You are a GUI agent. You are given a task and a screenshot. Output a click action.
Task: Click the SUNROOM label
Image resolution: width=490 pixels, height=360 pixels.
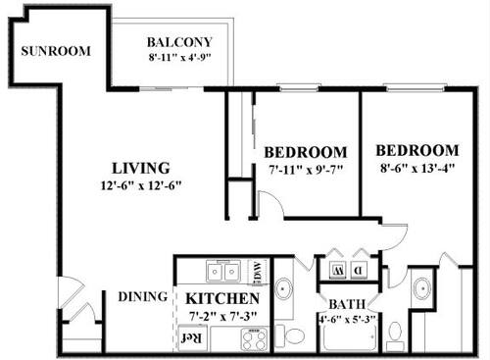tap(56, 51)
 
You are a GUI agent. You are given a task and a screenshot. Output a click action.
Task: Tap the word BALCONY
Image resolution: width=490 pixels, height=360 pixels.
tap(179, 42)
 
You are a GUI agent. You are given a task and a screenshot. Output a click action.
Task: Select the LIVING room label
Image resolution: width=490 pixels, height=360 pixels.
tap(141, 168)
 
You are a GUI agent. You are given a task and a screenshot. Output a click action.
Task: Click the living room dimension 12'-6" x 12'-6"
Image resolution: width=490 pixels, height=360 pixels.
tap(141, 184)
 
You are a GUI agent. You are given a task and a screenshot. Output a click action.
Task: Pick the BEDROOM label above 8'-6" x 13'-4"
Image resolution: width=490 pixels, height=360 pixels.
tap(417, 151)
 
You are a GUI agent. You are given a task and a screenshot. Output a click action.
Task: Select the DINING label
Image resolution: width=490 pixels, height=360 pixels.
tap(141, 297)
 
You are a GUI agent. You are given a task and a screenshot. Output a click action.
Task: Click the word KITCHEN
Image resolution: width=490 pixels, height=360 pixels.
tap(222, 298)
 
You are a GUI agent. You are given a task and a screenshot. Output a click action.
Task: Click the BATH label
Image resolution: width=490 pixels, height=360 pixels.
tap(347, 304)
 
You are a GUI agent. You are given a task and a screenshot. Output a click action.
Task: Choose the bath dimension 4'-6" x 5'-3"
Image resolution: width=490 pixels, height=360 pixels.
tap(347, 319)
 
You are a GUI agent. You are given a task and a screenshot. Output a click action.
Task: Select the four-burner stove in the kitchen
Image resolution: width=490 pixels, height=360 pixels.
tap(254, 339)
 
